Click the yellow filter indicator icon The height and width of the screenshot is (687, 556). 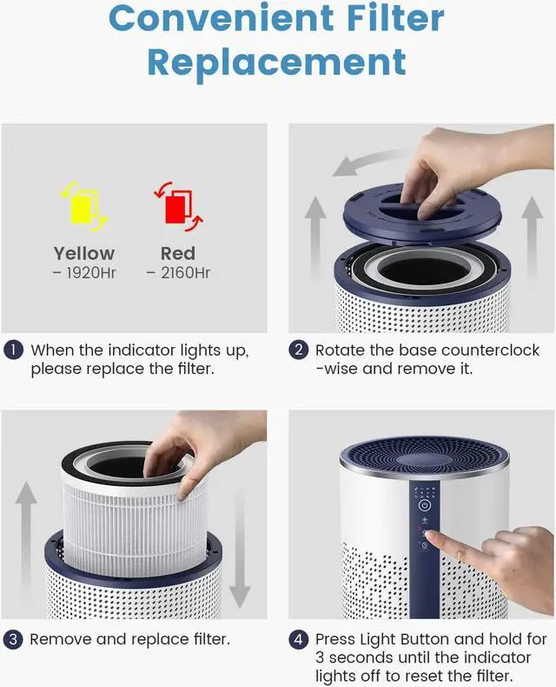pos(84,207)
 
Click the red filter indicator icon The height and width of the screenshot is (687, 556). pos(178,206)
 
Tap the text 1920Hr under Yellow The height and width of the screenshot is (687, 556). pos(91,273)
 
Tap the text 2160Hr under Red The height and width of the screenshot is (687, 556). pos(185,273)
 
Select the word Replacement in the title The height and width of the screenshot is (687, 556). pos(276,63)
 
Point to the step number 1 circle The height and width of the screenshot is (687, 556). pos(14,350)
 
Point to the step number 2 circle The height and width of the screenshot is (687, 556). pos(299,350)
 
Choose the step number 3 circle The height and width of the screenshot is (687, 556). pos(13,640)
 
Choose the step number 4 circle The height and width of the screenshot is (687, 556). pos(299,640)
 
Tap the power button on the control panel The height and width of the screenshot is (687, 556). pos(424,505)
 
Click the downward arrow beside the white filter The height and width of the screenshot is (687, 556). pos(240,548)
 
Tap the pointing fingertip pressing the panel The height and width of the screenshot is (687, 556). pos(431,536)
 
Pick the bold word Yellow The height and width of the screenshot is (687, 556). pos(84,254)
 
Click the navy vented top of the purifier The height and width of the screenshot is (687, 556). pos(424,457)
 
